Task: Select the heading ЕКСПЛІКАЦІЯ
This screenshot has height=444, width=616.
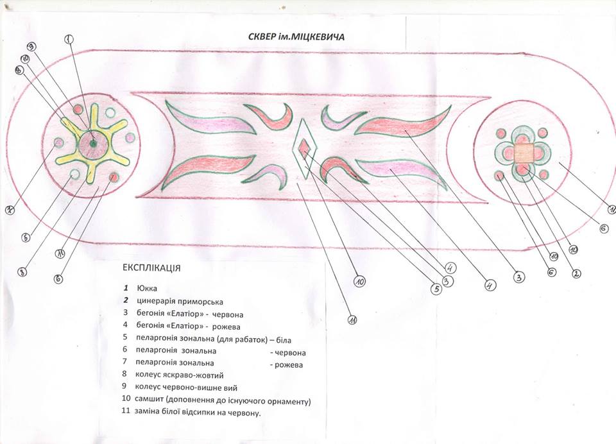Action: [x=151, y=266]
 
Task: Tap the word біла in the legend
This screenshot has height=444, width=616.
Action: [x=283, y=339]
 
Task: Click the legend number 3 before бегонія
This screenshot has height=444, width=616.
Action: [x=127, y=314]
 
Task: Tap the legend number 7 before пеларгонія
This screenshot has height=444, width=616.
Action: [x=127, y=363]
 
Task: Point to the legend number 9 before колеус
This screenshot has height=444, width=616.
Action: [x=127, y=388]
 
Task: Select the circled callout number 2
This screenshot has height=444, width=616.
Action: [x=576, y=273]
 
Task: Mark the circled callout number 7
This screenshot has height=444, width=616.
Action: [x=11, y=209]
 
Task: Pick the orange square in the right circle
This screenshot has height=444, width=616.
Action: [x=524, y=153]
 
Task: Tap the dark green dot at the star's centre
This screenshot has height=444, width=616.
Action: [x=92, y=144]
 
